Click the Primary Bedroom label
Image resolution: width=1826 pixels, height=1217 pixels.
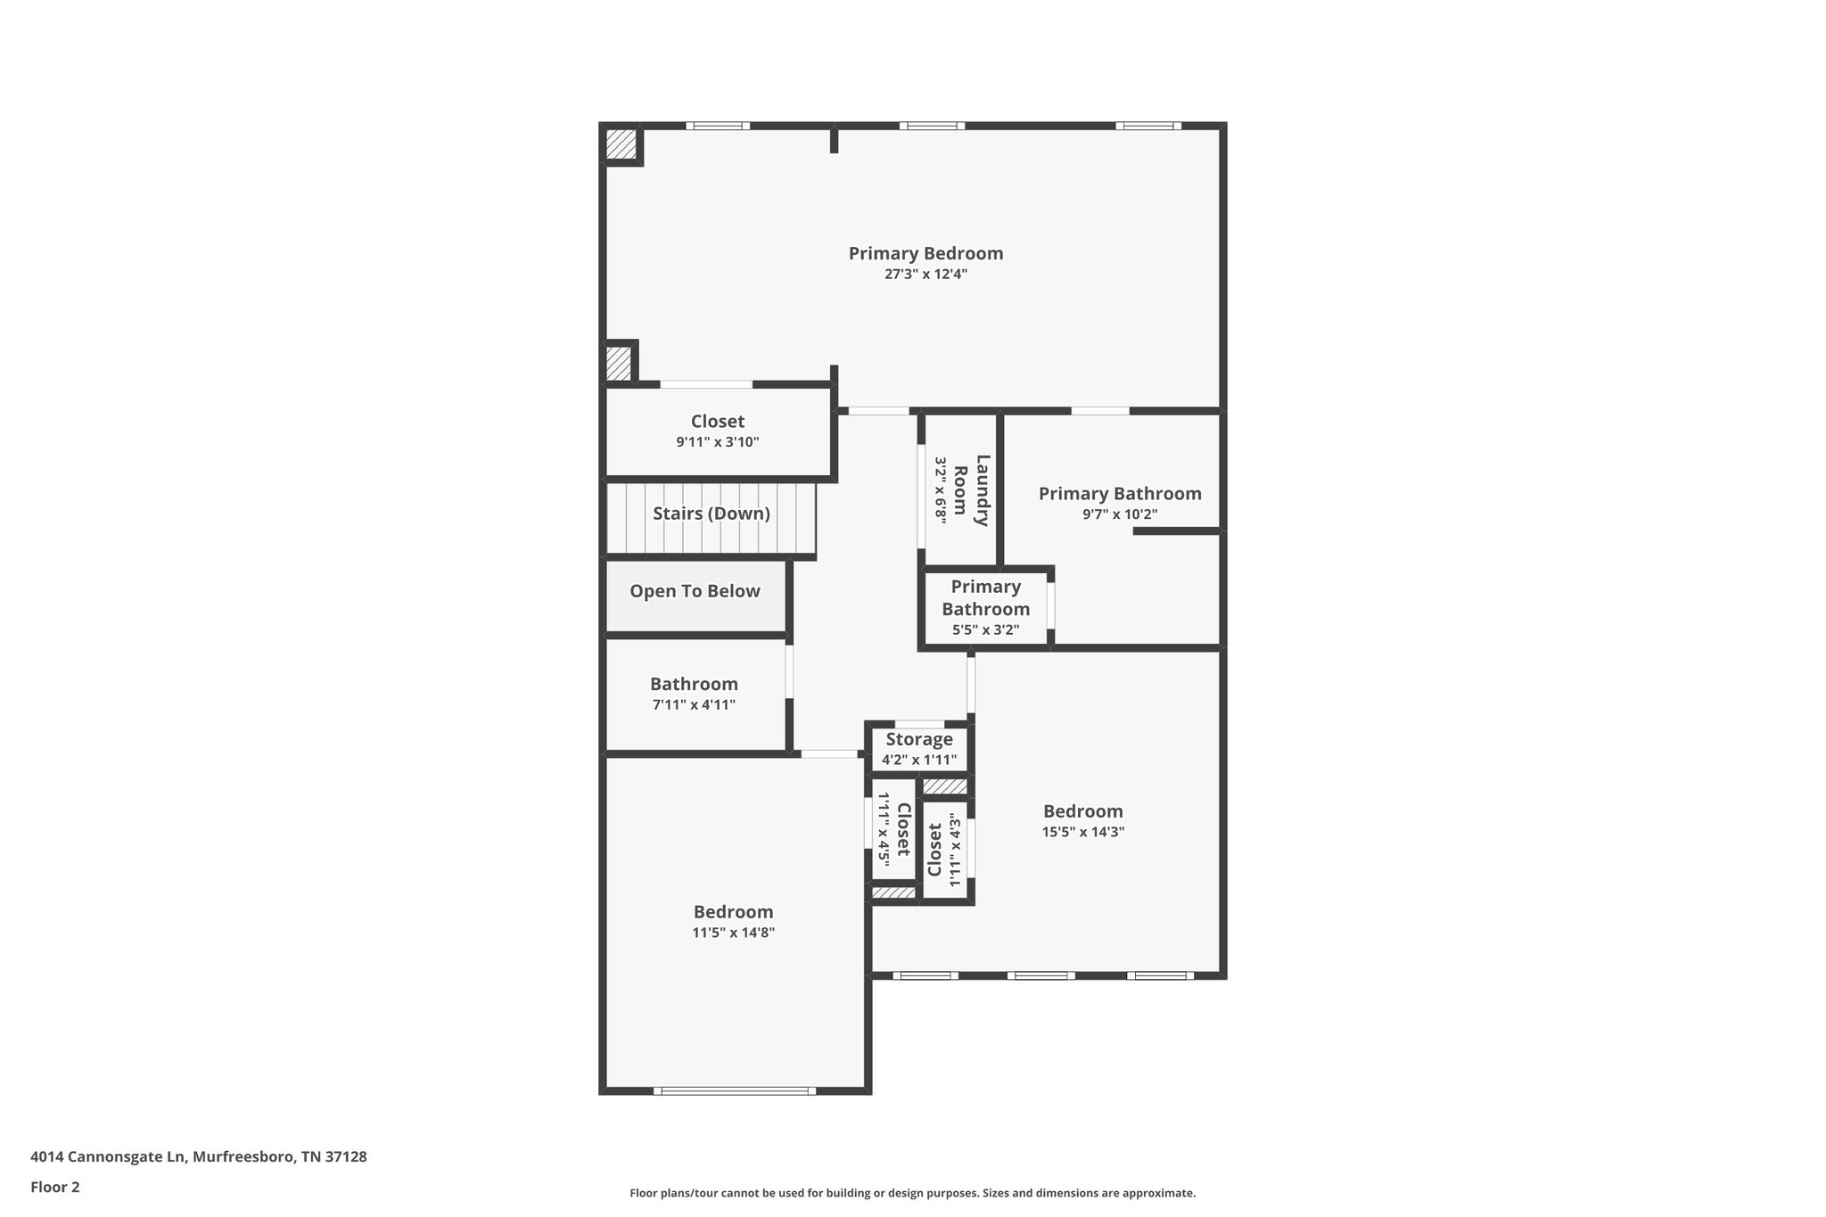[x=925, y=253]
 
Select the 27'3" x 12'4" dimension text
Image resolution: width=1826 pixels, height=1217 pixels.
[x=925, y=275]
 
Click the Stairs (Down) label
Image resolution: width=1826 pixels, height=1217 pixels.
[x=711, y=514]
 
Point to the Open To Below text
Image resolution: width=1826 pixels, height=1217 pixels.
[x=695, y=591]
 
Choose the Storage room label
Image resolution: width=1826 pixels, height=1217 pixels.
[x=918, y=739]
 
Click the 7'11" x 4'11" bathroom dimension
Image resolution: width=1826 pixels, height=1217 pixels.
[x=694, y=705]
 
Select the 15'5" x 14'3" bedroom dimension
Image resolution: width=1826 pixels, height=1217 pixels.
[x=1082, y=832]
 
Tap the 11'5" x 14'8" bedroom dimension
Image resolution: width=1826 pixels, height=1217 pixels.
[x=733, y=933]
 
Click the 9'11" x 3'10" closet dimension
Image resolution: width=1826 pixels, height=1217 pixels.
[x=717, y=441]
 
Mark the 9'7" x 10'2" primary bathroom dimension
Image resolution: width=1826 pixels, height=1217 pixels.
[x=1119, y=514]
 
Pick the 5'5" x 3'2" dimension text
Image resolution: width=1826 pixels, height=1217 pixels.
[x=985, y=630]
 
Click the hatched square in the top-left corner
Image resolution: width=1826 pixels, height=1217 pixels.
[x=621, y=144]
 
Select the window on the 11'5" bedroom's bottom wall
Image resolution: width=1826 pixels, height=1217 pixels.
[x=734, y=1090]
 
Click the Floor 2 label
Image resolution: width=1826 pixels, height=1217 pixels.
[x=55, y=1187]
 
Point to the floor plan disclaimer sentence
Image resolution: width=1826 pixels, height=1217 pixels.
[x=912, y=1193]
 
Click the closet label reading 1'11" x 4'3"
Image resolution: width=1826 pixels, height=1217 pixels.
[x=944, y=850]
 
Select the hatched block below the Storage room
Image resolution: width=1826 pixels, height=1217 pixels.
[x=943, y=786]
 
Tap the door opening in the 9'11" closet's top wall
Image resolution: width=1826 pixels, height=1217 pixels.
[x=706, y=384]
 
